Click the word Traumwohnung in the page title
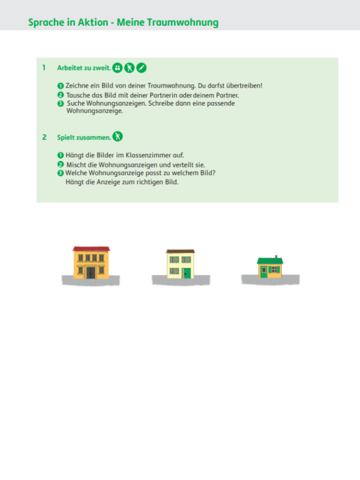pos(183,23)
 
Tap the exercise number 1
pos(44,68)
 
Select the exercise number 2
pos(44,137)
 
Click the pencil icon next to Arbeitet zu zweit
pos(141,68)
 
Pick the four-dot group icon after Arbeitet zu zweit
pos(117,68)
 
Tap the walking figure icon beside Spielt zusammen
pos(118,136)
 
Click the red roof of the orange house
pos(91,249)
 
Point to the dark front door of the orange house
pos(91,272)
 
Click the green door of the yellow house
pos(187,274)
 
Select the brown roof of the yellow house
pos(181,251)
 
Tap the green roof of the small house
pos(270,261)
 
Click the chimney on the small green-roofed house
pos(276,257)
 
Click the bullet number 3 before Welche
pos(61,173)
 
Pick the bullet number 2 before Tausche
pos(61,95)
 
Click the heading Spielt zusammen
pos(84,137)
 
